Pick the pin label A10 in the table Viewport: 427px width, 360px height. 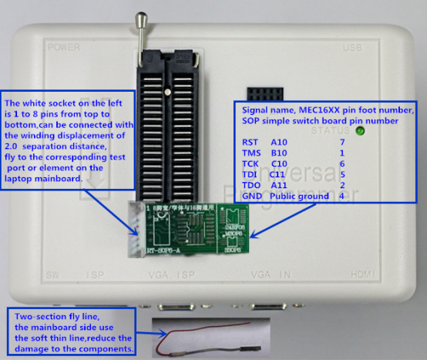278,142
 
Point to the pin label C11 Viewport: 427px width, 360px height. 278,175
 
